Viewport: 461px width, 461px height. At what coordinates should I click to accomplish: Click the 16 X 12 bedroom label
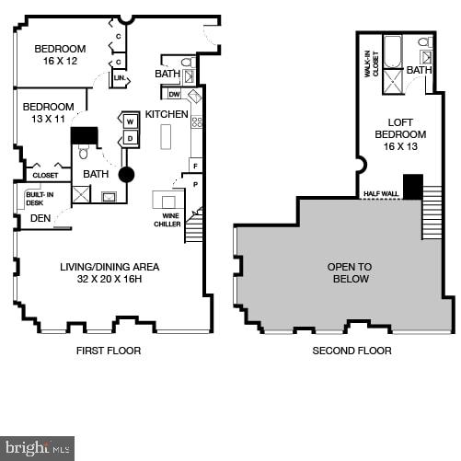pyautogui.click(x=60, y=55)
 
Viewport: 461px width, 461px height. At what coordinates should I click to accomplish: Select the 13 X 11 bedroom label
pyautogui.click(x=48, y=112)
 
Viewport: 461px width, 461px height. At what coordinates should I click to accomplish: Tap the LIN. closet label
pyautogui.click(x=120, y=80)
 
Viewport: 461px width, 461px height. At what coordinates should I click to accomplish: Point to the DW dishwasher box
pyautogui.click(x=174, y=94)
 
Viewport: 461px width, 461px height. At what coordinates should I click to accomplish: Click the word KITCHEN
pyautogui.click(x=167, y=114)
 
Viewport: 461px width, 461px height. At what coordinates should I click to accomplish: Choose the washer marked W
pyautogui.click(x=130, y=121)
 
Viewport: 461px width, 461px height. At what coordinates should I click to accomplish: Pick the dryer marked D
pyautogui.click(x=130, y=138)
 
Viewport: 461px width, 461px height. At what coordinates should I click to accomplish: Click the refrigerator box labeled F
pyautogui.click(x=195, y=165)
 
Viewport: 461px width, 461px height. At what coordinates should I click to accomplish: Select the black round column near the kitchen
pyautogui.click(x=126, y=174)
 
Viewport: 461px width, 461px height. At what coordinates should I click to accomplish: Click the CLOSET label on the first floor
pyautogui.click(x=45, y=175)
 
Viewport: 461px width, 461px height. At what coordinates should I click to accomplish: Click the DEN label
pyautogui.click(x=40, y=218)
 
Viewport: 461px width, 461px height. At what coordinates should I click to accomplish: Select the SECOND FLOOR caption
pyautogui.click(x=352, y=351)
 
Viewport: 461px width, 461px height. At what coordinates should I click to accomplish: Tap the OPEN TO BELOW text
pyautogui.click(x=349, y=272)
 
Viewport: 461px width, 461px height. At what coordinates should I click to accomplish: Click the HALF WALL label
pyautogui.click(x=380, y=193)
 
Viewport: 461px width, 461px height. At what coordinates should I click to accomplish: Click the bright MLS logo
pyautogui.click(x=37, y=448)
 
